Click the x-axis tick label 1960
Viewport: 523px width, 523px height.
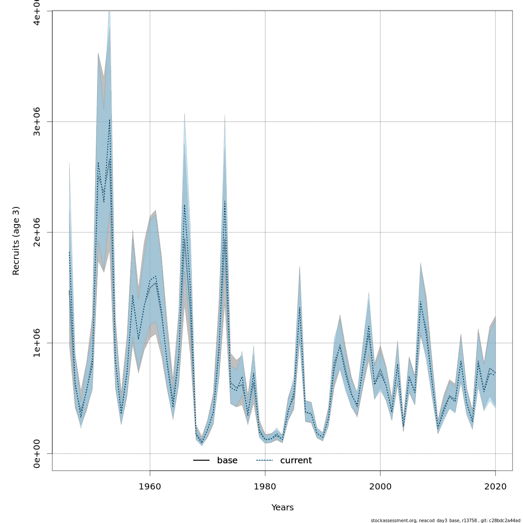(x=150, y=486)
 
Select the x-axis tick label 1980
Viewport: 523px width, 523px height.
(x=265, y=486)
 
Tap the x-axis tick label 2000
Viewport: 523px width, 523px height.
(x=380, y=486)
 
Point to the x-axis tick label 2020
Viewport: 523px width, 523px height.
(x=495, y=486)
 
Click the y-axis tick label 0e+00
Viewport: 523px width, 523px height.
(x=37, y=453)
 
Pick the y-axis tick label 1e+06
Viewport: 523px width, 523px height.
(x=37, y=343)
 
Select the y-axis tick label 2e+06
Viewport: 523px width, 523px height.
(x=37, y=232)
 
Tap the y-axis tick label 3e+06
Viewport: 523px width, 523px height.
(x=37, y=122)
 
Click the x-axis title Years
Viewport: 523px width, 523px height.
(x=282, y=508)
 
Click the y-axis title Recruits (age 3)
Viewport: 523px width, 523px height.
(x=16, y=241)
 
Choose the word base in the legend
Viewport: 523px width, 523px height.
(x=227, y=461)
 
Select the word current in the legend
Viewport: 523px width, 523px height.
(x=296, y=461)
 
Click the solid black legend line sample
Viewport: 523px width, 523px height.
(x=201, y=461)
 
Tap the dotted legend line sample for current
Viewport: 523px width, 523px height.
(x=264, y=461)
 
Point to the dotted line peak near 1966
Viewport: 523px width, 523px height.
(x=184, y=205)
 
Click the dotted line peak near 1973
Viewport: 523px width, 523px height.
(x=225, y=201)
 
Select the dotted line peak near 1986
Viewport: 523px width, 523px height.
(x=300, y=307)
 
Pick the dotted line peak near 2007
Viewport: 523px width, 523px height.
(x=421, y=302)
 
